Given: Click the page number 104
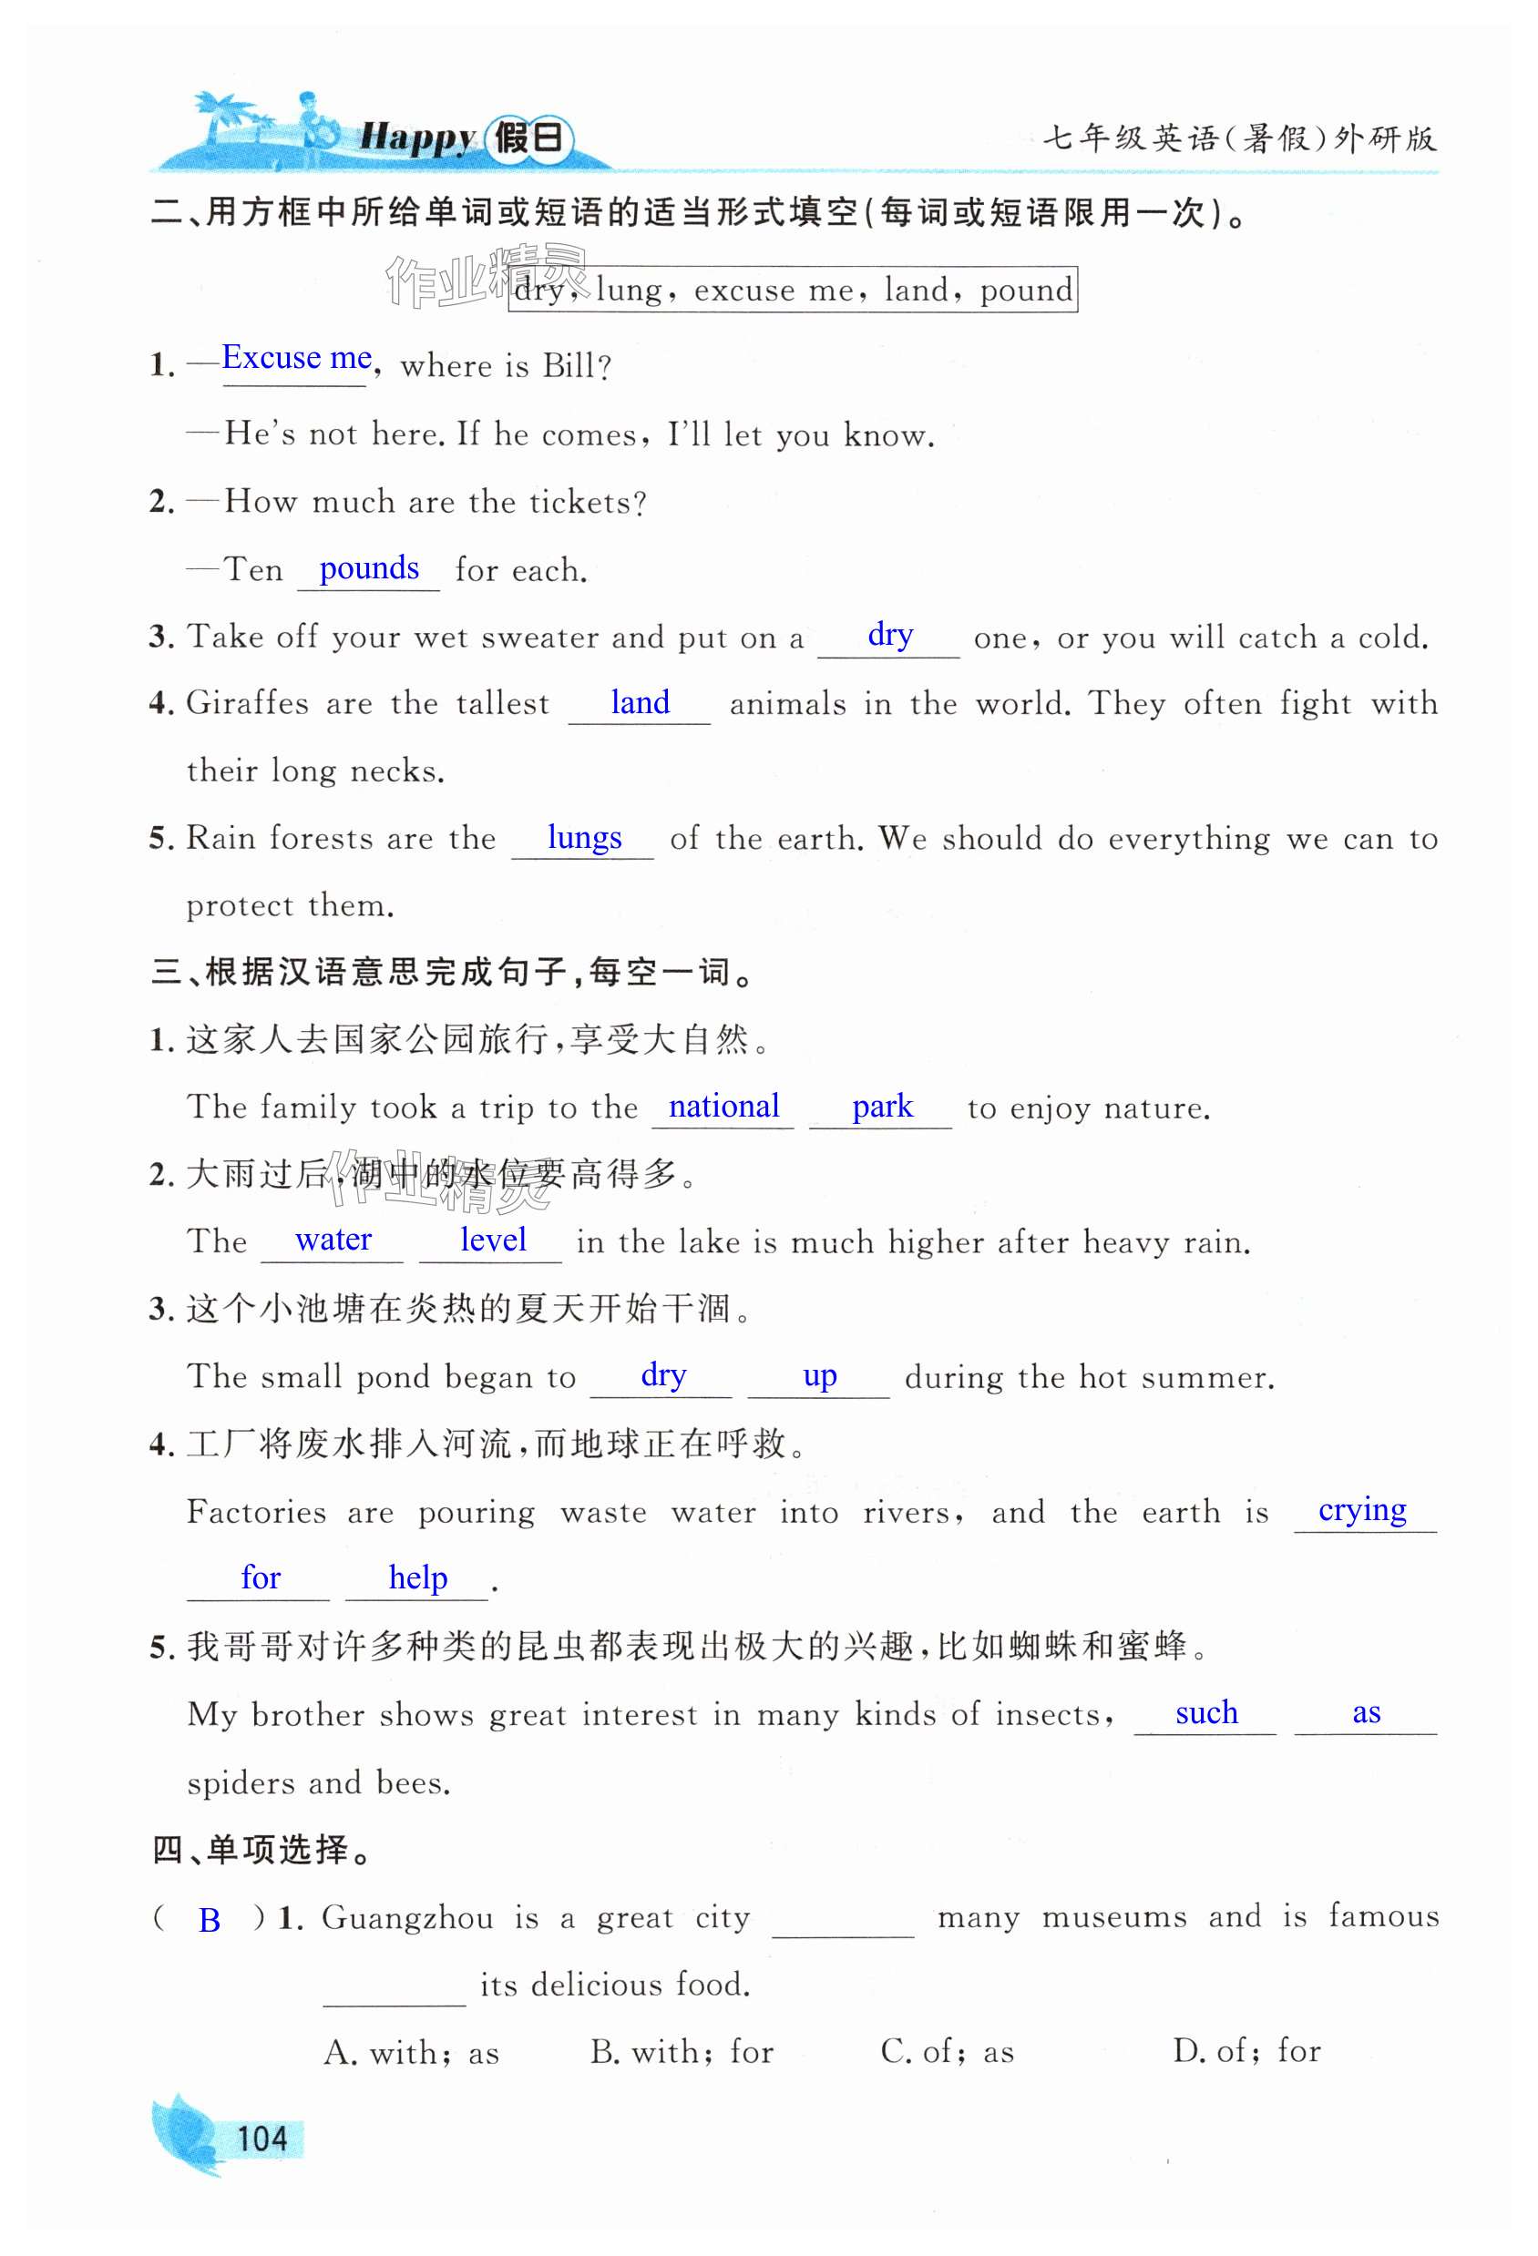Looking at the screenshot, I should [x=262, y=2139].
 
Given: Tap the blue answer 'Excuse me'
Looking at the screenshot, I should [x=297, y=358].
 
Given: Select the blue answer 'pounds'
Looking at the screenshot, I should [x=369, y=569].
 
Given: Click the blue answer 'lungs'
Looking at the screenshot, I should [x=585, y=838].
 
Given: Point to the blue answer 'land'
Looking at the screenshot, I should [x=640, y=703].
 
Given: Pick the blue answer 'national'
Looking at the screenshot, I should [x=724, y=1107].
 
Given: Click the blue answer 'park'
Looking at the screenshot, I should [x=883, y=1107].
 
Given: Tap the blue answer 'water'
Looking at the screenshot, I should [x=333, y=1240].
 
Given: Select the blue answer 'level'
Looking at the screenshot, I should [x=493, y=1240].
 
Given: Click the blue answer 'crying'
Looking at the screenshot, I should [x=1362, y=1510].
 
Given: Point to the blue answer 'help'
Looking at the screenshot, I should [x=417, y=1578].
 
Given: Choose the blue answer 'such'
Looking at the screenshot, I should [x=1207, y=1712].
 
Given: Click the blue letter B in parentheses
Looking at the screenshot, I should [x=209, y=1920].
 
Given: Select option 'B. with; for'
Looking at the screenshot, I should [x=682, y=2051].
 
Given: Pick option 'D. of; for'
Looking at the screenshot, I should [x=1246, y=2051].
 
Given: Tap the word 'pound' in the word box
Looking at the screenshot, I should [x=1026, y=291].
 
